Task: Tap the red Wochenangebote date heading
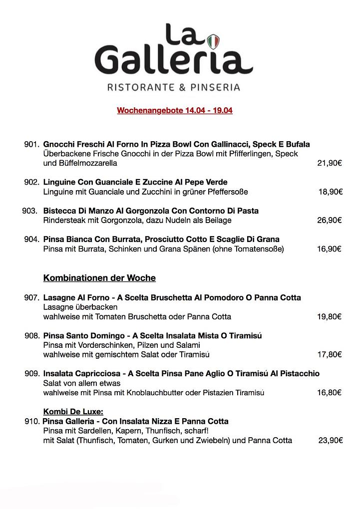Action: pyautogui.click(x=175, y=111)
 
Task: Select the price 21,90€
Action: pyautogui.click(x=330, y=163)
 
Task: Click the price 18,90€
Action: pyautogui.click(x=331, y=192)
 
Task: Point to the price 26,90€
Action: pyautogui.click(x=330, y=220)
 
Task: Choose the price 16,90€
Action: pyautogui.click(x=330, y=249)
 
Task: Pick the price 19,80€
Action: pyautogui.click(x=330, y=316)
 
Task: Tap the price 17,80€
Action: pyautogui.click(x=330, y=354)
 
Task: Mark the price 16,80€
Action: pyautogui.click(x=330, y=393)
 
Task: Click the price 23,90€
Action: pyautogui.click(x=331, y=441)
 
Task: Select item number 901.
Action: pyautogui.click(x=31, y=144)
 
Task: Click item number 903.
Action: pyautogui.click(x=30, y=211)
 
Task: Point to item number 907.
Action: pyautogui.click(x=31, y=297)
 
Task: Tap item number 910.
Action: pyautogui.click(x=31, y=421)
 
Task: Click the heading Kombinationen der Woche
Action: pyautogui.click(x=99, y=278)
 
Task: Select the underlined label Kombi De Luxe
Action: pyautogui.click(x=73, y=412)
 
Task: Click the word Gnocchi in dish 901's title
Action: pyautogui.click(x=58, y=144)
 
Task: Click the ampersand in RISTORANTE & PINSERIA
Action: pyautogui.click(x=182, y=87)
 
